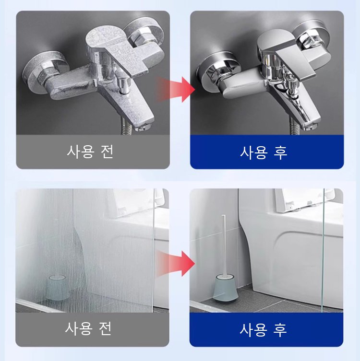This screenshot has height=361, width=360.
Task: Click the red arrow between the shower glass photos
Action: [x=179, y=263]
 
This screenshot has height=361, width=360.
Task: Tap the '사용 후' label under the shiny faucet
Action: [x=264, y=152]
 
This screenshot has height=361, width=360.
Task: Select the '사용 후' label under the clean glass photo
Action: [x=264, y=329]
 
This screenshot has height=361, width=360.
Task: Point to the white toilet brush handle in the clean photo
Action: [x=223, y=245]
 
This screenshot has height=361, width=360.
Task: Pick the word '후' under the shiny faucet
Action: [x=280, y=152]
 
